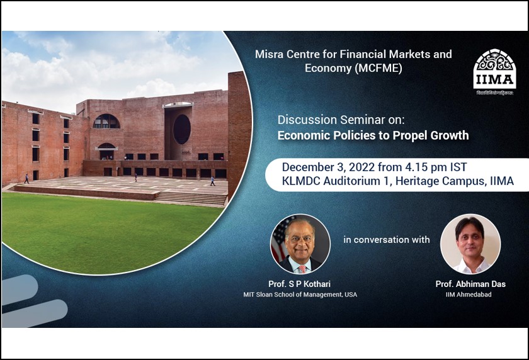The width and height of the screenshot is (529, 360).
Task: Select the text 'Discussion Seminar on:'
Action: [327, 120]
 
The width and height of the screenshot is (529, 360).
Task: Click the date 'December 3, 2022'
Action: [325, 167]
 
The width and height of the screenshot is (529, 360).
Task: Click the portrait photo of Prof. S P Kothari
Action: [300, 244]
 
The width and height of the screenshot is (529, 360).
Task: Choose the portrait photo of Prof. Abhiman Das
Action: [470, 244]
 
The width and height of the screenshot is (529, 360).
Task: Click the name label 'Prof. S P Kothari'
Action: [300, 284]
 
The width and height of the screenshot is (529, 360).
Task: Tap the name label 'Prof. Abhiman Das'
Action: [470, 284]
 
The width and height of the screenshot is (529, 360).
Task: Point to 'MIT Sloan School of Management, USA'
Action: [300, 295]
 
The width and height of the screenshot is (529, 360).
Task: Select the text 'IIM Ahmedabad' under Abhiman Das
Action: [470, 295]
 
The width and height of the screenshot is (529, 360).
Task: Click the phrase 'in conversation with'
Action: [386, 240]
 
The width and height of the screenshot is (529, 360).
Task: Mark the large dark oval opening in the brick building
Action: [182, 129]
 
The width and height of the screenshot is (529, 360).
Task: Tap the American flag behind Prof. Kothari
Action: [277, 242]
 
